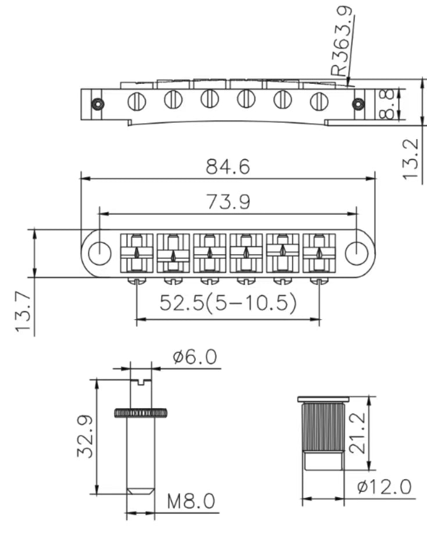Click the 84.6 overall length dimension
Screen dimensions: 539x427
coord(227,167)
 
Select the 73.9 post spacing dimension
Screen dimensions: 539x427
coord(227,202)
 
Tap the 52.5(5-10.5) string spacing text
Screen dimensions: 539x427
coord(228,302)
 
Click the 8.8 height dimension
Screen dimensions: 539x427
coord(389,103)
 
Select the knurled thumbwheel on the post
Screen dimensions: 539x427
coord(141,413)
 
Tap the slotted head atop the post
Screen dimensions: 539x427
coord(141,381)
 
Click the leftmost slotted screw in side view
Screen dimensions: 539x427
coord(137,101)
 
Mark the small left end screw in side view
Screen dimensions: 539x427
coord(96,103)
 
